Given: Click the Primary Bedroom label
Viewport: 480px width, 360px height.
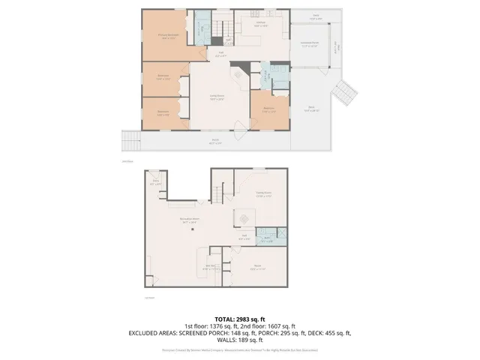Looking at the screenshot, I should click(166, 36).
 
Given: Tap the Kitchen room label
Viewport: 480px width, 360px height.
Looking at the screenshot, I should click(261, 25).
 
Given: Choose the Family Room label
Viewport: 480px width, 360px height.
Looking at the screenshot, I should click(262, 194).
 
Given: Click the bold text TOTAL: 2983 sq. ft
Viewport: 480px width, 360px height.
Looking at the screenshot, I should click(240, 317).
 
